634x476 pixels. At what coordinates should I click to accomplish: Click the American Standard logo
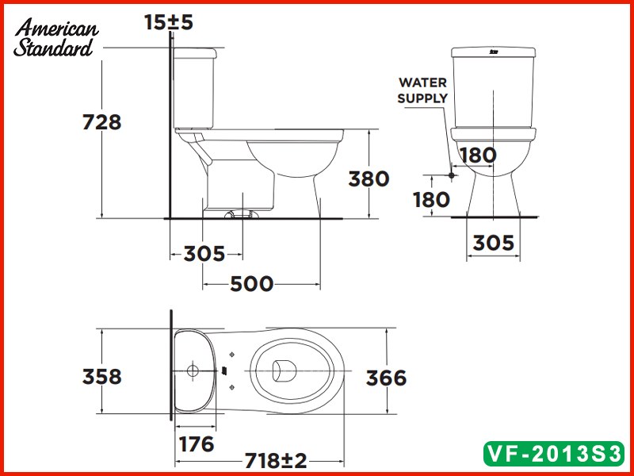pos(55,38)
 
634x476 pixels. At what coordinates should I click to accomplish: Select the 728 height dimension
pos(102,122)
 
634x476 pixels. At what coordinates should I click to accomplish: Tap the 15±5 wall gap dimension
pos(169,22)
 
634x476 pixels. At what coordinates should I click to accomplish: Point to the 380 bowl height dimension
pos(369,178)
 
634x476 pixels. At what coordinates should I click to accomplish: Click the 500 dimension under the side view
pos(251,283)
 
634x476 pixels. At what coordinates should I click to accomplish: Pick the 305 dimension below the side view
pos(204,254)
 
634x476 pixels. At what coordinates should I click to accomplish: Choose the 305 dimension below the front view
pos(493,243)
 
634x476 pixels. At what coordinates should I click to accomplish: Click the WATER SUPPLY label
pos(422,90)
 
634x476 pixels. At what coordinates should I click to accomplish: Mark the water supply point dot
pos(450,175)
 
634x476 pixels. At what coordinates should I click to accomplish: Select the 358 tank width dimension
pos(102,375)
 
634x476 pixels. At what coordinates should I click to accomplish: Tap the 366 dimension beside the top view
pos(386,378)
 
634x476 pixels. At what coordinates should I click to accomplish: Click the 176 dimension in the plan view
pos(194,443)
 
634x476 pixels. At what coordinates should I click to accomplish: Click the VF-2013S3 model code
pos(554,454)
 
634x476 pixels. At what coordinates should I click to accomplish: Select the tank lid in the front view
pos(493,53)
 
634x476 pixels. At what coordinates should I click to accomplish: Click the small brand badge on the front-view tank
pos(493,52)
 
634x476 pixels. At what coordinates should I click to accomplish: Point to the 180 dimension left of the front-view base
pos(432,199)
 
